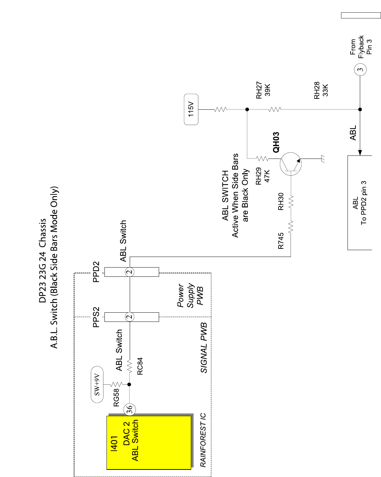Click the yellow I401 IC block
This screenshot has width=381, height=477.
149,442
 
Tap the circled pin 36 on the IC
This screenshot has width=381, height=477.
130,409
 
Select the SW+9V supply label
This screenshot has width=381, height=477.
97,384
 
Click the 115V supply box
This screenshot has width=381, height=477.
191,109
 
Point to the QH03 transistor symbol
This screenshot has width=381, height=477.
291,164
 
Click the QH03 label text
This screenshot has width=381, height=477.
276,142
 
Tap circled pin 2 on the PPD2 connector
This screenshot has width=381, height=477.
130,272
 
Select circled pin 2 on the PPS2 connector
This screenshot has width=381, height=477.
130,317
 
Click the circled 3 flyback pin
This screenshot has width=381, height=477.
360,70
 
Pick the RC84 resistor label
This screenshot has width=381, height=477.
140,366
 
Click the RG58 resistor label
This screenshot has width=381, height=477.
116,397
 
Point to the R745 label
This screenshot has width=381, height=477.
281,241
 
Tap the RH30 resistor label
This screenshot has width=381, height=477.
281,202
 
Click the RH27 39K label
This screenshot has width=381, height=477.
263,90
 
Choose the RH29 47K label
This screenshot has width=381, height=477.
263,176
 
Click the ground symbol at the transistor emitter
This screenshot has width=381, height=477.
322,159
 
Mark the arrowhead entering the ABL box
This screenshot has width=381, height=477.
360,153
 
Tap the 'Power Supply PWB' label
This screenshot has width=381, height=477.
190,295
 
